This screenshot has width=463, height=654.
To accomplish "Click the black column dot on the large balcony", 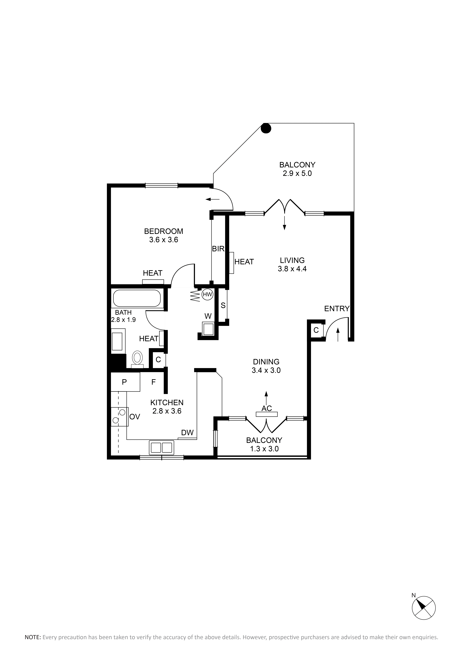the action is pos(266,128).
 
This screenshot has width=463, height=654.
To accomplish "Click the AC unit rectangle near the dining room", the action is pos(267,414).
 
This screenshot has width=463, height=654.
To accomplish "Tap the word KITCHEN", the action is pos(167,402).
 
